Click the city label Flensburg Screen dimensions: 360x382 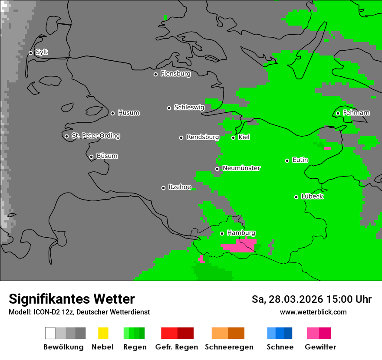pyautogui.click(x=175, y=74)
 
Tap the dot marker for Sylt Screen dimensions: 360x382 pyautogui.click(x=30, y=53)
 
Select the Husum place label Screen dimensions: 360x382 pyautogui.click(x=128, y=113)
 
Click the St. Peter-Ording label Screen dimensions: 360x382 pyautogui.click(x=95, y=136)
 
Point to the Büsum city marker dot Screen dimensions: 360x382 pyautogui.click(x=91, y=157)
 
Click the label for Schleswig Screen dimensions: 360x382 pyautogui.click(x=189, y=107)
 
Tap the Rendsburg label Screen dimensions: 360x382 pyautogui.click(x=202, y=137)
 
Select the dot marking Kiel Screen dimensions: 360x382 pyautogui.click(x=233, y=137)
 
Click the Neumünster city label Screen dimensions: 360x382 pyautogui.click(x=241, y=168)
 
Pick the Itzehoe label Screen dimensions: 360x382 pyautogui.click(x=179, y=187)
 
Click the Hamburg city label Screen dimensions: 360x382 pyautogui.click(x=241, y=233)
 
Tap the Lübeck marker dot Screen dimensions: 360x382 pyautogui.click(x=296, y=197)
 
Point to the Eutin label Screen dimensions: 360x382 pyautogui.click(x=300, y=160)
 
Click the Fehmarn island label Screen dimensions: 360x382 pyautogui.click(x=356, y=113)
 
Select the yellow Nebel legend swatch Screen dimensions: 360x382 pyautogui.click(x=103, y=333)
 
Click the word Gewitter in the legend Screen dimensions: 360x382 pyautogui.click(x=320, y=347)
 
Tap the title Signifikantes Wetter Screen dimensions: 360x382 pyautogui.click(x=72, y=299)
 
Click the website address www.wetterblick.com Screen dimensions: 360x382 pyautogui.click(x=313, y=312)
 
